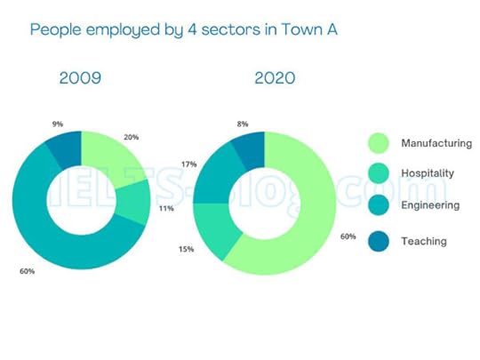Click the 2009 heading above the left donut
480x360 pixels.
80,78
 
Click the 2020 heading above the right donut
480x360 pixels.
275,78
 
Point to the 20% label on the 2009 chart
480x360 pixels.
132,138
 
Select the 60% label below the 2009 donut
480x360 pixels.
27,271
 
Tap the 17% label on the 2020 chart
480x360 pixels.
188,164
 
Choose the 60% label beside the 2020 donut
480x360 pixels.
349,236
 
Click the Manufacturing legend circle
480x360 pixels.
380,143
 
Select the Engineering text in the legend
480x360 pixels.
430,205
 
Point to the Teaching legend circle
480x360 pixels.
380,240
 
